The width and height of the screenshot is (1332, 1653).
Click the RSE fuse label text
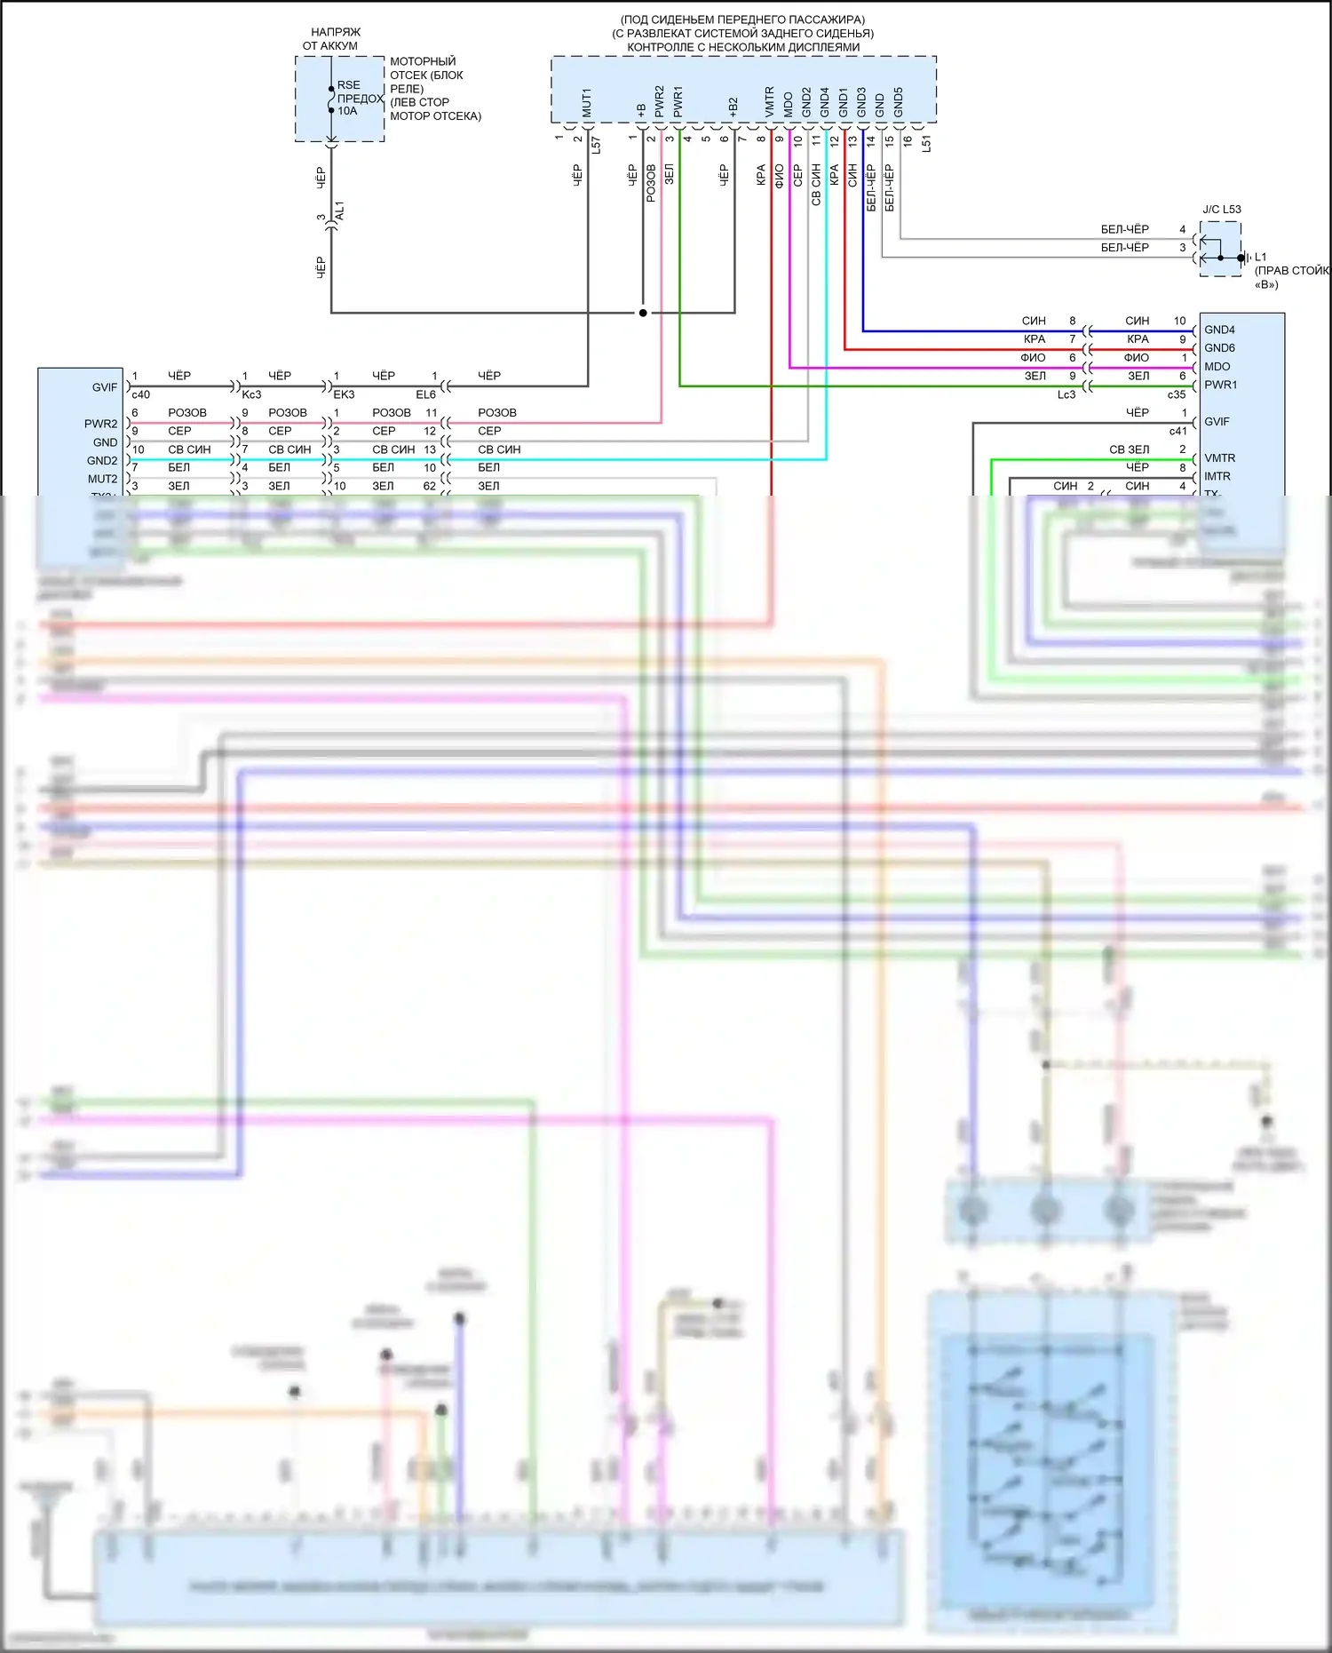[x=349, y=85]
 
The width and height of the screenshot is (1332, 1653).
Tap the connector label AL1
[x=339, y=211]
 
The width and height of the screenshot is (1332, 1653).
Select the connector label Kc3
[x=251, y=394]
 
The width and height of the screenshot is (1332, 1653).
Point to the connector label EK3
[x=344, y=394]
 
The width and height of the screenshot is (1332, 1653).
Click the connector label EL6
[x=426, y=394]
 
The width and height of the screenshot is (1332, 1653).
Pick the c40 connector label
[x=140, y=394]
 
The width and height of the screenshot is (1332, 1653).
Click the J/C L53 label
[x=1222, y=210]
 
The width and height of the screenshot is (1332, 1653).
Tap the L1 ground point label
[x=1261, y=257]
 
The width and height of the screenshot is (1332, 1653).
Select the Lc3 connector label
[x=1066, y=394]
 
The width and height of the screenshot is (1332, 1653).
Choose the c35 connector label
[x=1177, y=394]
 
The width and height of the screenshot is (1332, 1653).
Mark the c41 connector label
[x=1177, y=432]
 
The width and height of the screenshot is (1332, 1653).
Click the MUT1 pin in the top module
[x=587, y=102]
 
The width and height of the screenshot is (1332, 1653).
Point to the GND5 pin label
[x=899, y=102]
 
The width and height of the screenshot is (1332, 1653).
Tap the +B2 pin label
[x=733, y=107]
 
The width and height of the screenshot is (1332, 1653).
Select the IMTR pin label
[x=1217, y=477]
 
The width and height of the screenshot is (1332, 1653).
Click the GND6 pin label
[x=1219, y=348]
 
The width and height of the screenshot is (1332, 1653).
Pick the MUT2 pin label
[x=102, y=480]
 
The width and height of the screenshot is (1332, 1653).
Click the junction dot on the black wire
[x=643, y=313]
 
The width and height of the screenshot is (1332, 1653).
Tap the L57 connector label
[x=596, y=145]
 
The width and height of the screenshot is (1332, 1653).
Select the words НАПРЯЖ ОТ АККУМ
[x=331, y=39]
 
